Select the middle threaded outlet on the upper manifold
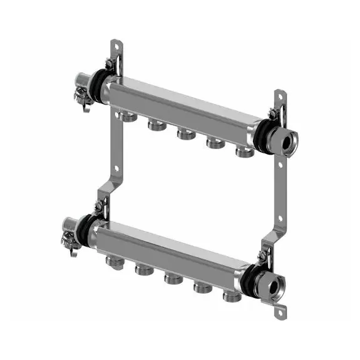tap(184, 135)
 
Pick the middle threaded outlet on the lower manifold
tap(170, 275)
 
